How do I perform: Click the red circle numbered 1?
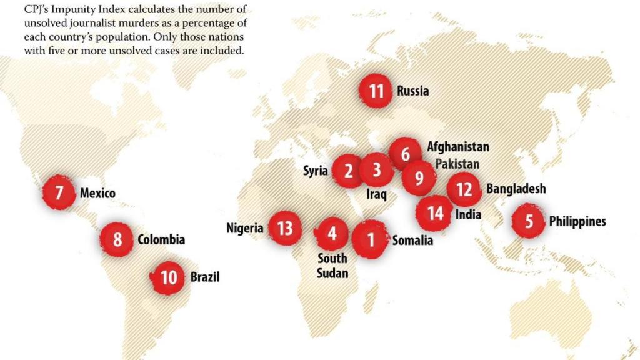tap(371, 239)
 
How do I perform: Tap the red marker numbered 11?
tap(376, 91)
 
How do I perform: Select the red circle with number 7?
tap(59, 192)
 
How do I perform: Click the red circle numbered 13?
tap(285, 228)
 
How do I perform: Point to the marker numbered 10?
tap(169, 276)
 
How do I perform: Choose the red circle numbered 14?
tap(436, 214)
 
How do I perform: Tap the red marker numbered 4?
tap(332, 234)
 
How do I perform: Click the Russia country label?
tap(412, 91)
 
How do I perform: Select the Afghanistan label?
tap(457, 147)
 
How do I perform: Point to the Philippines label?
tap(577, 221)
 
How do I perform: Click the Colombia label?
tap(161, 239)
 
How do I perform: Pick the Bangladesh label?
tap(516, 188)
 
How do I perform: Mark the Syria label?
tap(316, 171)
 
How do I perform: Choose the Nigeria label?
tap(245, 228)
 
